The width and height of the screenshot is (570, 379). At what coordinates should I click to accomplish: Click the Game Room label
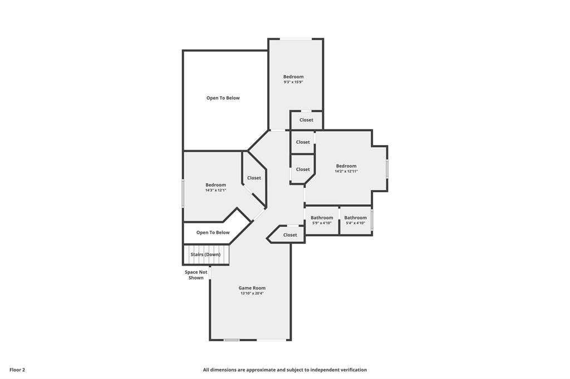(x=252, y=288)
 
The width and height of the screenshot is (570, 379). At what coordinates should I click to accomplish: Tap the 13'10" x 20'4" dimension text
(x=252, y=293)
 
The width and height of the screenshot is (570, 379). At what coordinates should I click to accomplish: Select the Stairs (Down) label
(x=205, y=255)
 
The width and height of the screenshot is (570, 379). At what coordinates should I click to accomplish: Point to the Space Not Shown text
(x=196, y=275)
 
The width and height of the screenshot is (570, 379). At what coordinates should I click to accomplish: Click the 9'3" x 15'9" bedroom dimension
(x=293, y=82)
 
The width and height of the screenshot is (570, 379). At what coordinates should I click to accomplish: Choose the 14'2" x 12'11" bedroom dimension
(x=346, y=172)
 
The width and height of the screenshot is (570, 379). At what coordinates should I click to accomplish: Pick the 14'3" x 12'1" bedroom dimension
(x=215, y=191)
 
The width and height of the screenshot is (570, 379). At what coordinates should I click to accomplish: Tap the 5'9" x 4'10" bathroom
(x=322, y=220)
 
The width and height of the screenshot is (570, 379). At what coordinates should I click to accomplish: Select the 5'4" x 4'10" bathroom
(x=356, y=220)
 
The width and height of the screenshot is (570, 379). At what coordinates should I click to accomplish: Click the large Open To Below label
(x=223, y=98)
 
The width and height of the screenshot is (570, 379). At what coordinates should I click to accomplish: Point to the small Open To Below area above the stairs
(x=213, y=233)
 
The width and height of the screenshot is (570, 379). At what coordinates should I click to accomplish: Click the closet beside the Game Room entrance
(x=290, y=235)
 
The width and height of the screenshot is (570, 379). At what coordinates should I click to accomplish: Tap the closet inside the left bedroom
(x=254, y=178)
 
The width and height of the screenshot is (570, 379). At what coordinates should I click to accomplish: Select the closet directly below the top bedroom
(x=306, y=120)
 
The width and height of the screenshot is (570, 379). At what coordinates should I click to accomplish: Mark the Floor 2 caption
(x=17, y=370)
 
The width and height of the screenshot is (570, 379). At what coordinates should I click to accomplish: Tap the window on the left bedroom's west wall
(x=183, y=193)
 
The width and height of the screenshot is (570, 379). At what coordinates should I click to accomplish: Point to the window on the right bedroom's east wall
(x=387, y=169)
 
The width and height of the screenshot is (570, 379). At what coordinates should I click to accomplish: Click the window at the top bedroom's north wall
(x=296, y=39)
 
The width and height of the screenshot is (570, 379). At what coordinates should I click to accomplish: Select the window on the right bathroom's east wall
(x=372, y=219)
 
